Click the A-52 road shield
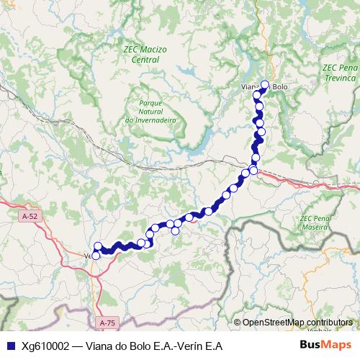point(30,215)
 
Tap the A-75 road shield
point(107,322)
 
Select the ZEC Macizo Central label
point(145,54)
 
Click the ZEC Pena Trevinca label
point(340,72)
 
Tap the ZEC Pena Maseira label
point(316,222)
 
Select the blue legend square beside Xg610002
point(9,346)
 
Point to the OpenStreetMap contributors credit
point(297,323)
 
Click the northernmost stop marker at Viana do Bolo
point(264,84)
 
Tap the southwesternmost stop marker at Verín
point(96,255)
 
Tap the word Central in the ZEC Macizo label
point(145,60)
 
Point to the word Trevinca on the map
point(340,77)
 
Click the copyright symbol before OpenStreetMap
point(237,323)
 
